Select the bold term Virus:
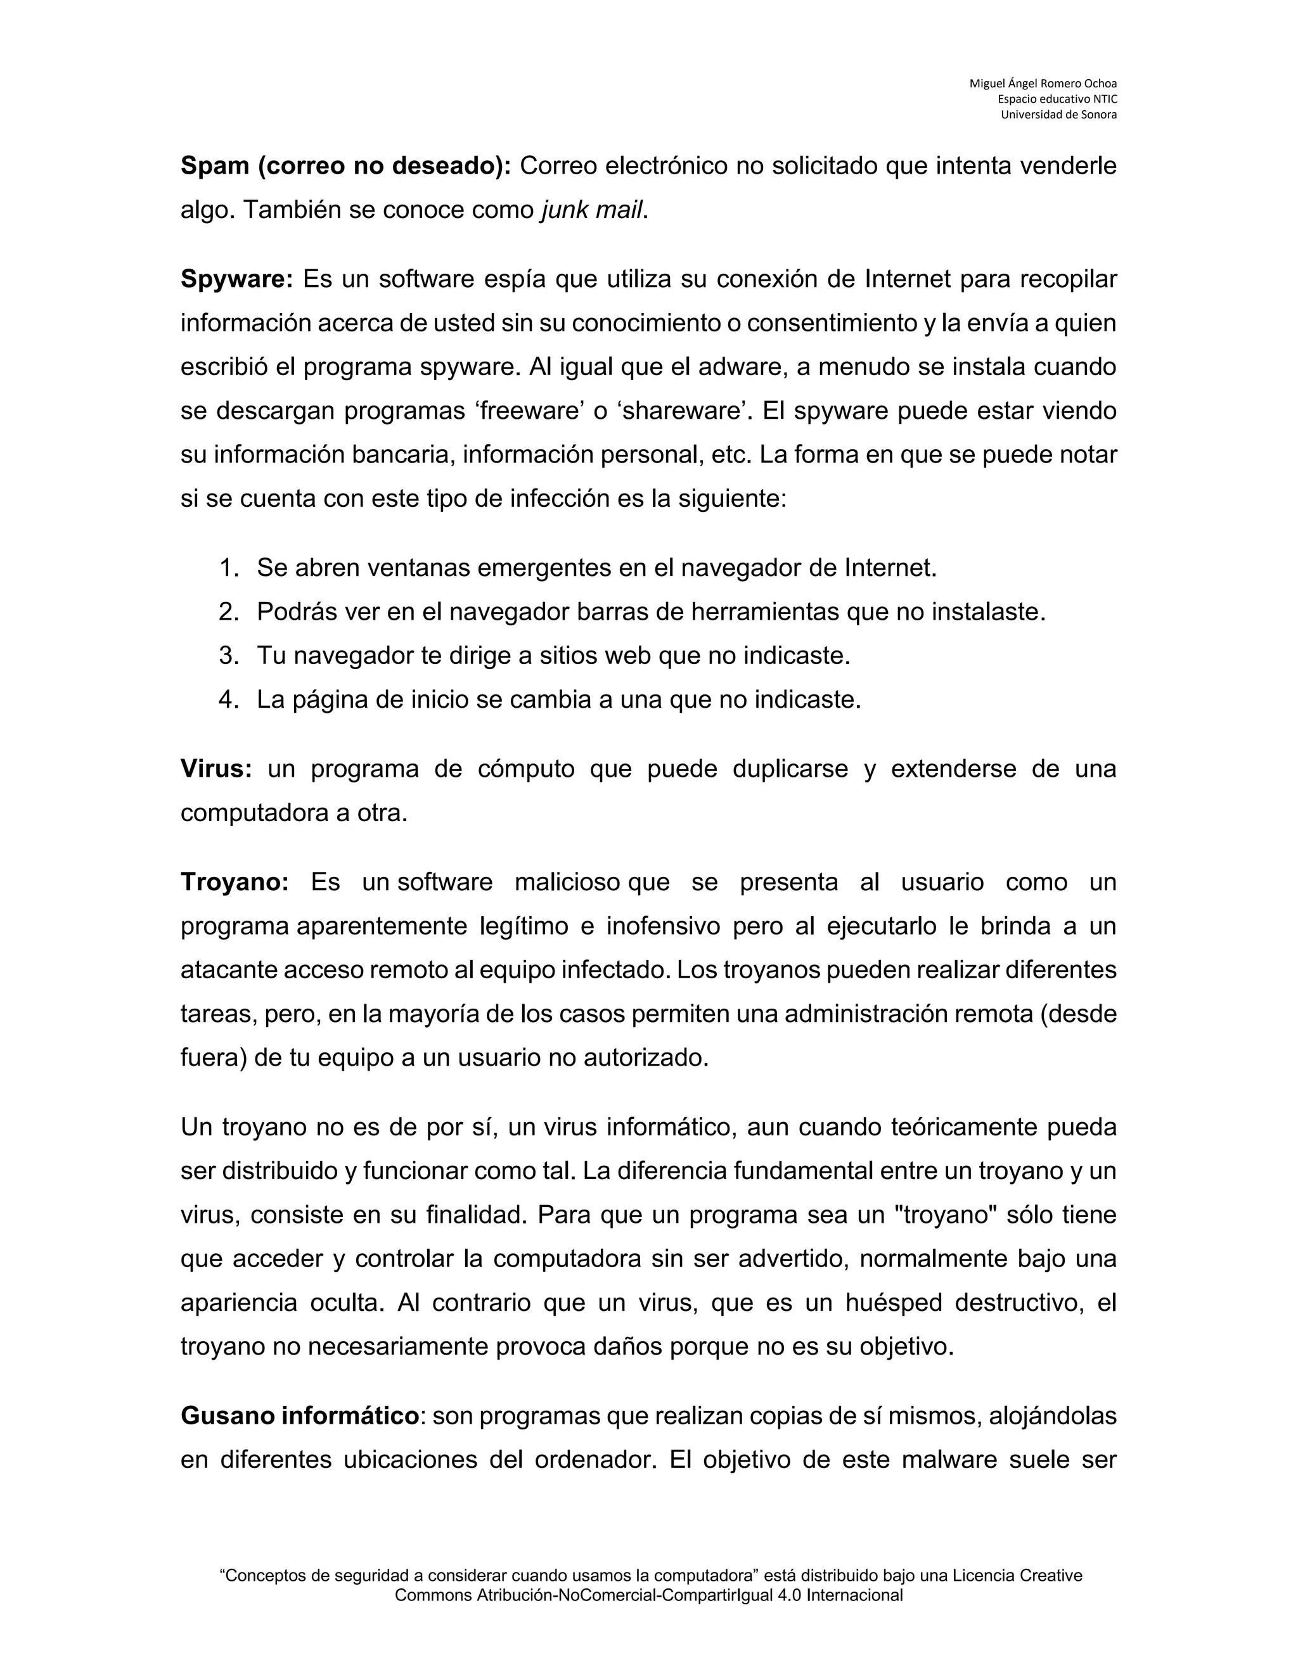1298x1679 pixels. click(x=216, y=769)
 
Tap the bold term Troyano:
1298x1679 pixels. click(x=235, y=883)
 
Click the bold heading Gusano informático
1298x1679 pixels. click(x=300, y=1416)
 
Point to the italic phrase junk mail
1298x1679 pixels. click(x=591, y=210)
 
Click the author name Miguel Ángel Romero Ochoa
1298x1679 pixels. click(x=1043, y=83)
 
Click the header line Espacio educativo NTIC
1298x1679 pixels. click(x=1057, y=99)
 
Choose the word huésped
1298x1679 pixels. click(x=894, y=1303)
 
